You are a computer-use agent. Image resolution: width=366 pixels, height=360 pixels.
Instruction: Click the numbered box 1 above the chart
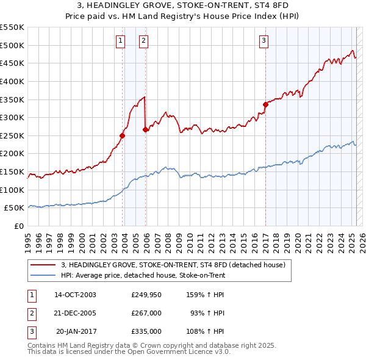tap(120, 41)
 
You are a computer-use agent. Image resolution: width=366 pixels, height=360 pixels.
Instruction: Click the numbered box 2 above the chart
tap(143, 41)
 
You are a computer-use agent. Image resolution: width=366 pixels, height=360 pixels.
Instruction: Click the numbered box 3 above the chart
tap(264, 41)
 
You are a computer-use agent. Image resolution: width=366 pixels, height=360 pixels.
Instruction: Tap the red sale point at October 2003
tap(123, 135)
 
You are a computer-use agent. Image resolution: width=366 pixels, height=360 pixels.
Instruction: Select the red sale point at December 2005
tap(146, 129)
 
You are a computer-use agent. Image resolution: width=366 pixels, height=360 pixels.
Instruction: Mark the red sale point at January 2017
tap(265, 104)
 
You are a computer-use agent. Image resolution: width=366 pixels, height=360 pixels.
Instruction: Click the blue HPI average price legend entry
tap(143, 275)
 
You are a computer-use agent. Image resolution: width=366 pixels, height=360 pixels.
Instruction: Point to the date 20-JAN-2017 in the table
tap(76, 333)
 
